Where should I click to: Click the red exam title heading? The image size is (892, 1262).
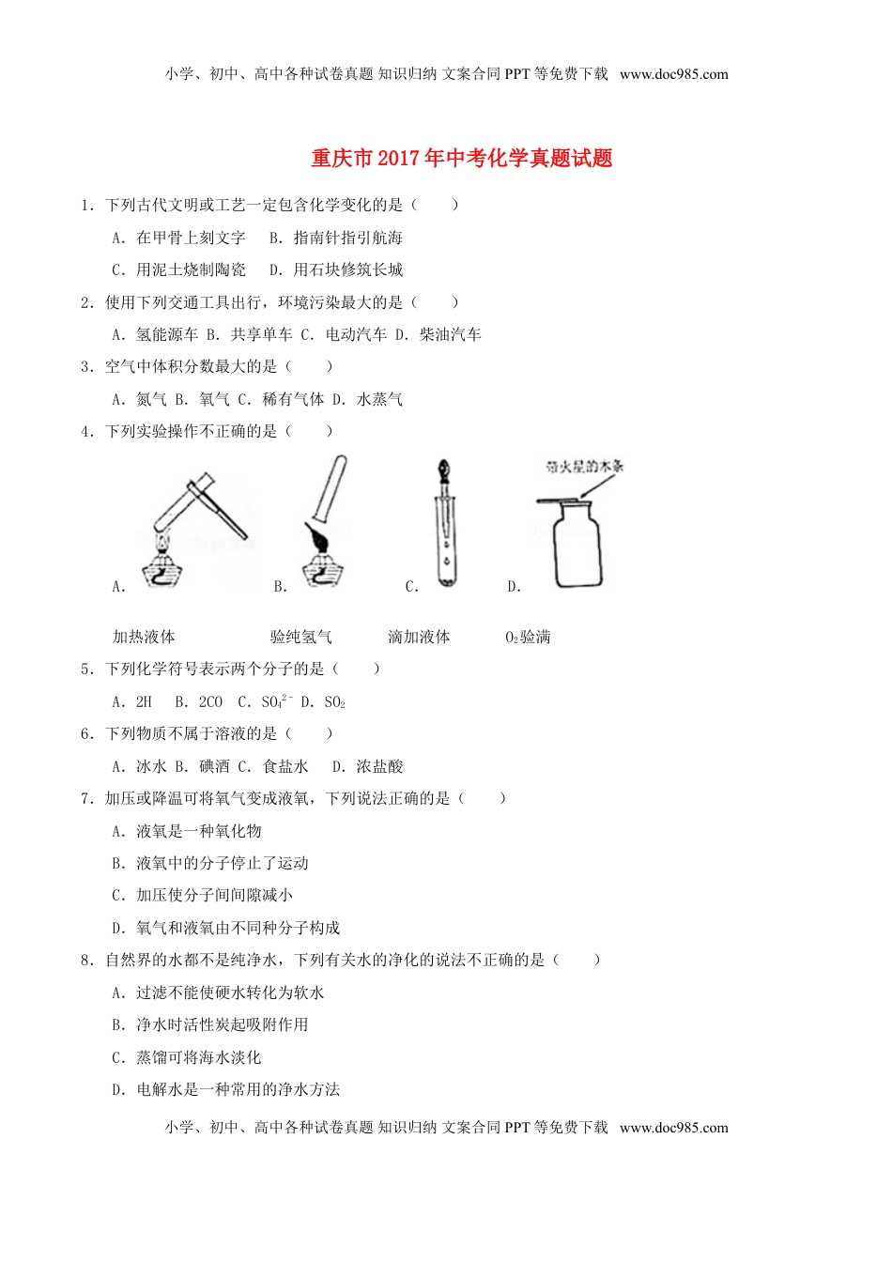pyautogui.click(x=461, y=159)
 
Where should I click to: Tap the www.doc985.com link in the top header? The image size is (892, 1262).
pyautogui.click(x=673, y=74)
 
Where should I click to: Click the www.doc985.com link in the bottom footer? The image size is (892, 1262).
pyautogui.click(x=673, y=1128)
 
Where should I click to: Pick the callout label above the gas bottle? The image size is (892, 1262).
pyautogui.click(x=584, y=467)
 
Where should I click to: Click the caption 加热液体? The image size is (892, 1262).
pyautogui.click(x=144, y=637)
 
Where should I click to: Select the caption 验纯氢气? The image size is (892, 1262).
pyautogui.click(x=300, y=637)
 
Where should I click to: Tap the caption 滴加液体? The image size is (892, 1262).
pyautogui.click(x=419, y=637)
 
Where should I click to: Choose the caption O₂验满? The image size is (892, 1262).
pyautogui.click(x=528, y=637)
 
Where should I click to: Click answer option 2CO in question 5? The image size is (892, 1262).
pyautogui.click(x=210, y=701)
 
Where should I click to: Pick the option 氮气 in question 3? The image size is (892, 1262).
pyautogui.click(x=151, y=399)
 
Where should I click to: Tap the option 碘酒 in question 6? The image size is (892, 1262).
pyautogui.click(x=214, y=766)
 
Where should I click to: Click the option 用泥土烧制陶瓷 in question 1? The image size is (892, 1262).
pyautogui.click(x=191, y=269)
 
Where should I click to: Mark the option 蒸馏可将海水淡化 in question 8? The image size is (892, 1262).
pyautogui.click(x=198, y=1057)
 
